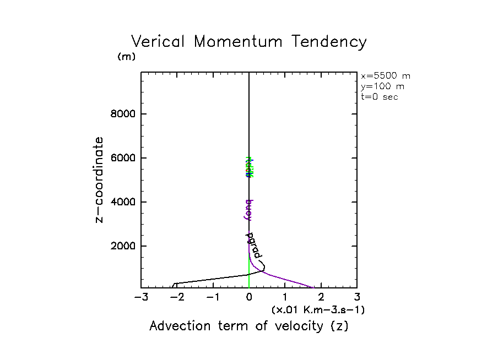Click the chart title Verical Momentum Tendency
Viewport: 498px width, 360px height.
point(248,42)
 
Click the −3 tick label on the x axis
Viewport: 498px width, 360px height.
point(141,298)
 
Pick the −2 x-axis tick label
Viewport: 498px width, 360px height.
point(177,298)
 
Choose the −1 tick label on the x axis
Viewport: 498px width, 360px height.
point(213,298)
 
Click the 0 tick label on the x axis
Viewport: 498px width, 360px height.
point(249,298)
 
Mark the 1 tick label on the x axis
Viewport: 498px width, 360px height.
point(285,298)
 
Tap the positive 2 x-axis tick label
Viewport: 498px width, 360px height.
point(321,298)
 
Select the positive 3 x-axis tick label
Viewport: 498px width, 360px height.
point(357,298)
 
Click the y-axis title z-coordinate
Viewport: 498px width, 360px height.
point(99,179)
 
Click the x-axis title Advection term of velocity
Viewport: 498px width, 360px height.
point(249,326)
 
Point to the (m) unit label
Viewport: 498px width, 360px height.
point(126,57)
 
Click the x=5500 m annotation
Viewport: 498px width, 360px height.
point(385,76)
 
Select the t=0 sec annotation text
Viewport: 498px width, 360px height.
point(379,97)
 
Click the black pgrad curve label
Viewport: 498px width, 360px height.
point(254,246)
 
